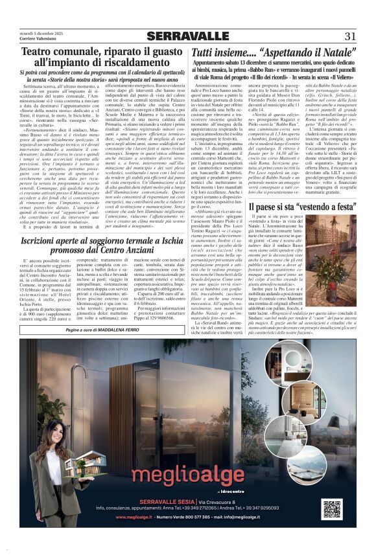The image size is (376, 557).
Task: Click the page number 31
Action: (x=350, y=36)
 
